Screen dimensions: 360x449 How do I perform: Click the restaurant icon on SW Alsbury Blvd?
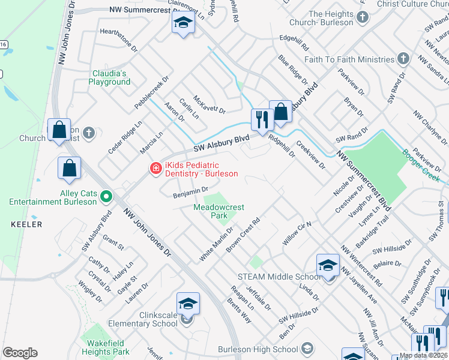pos(261,119)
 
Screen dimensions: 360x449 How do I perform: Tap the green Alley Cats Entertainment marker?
pos(106,196)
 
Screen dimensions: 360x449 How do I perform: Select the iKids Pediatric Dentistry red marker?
pos(155,169)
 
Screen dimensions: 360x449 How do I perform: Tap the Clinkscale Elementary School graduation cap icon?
pos(187,304)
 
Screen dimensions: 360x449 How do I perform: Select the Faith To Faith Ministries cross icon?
pos(403,59)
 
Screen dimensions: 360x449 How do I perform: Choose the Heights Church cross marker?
pos(362,18)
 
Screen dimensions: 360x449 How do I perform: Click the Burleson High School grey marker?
pos(307,348)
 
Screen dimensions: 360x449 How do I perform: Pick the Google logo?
pos(20,353)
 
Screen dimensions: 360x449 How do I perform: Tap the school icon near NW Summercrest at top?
pos(183,24)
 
